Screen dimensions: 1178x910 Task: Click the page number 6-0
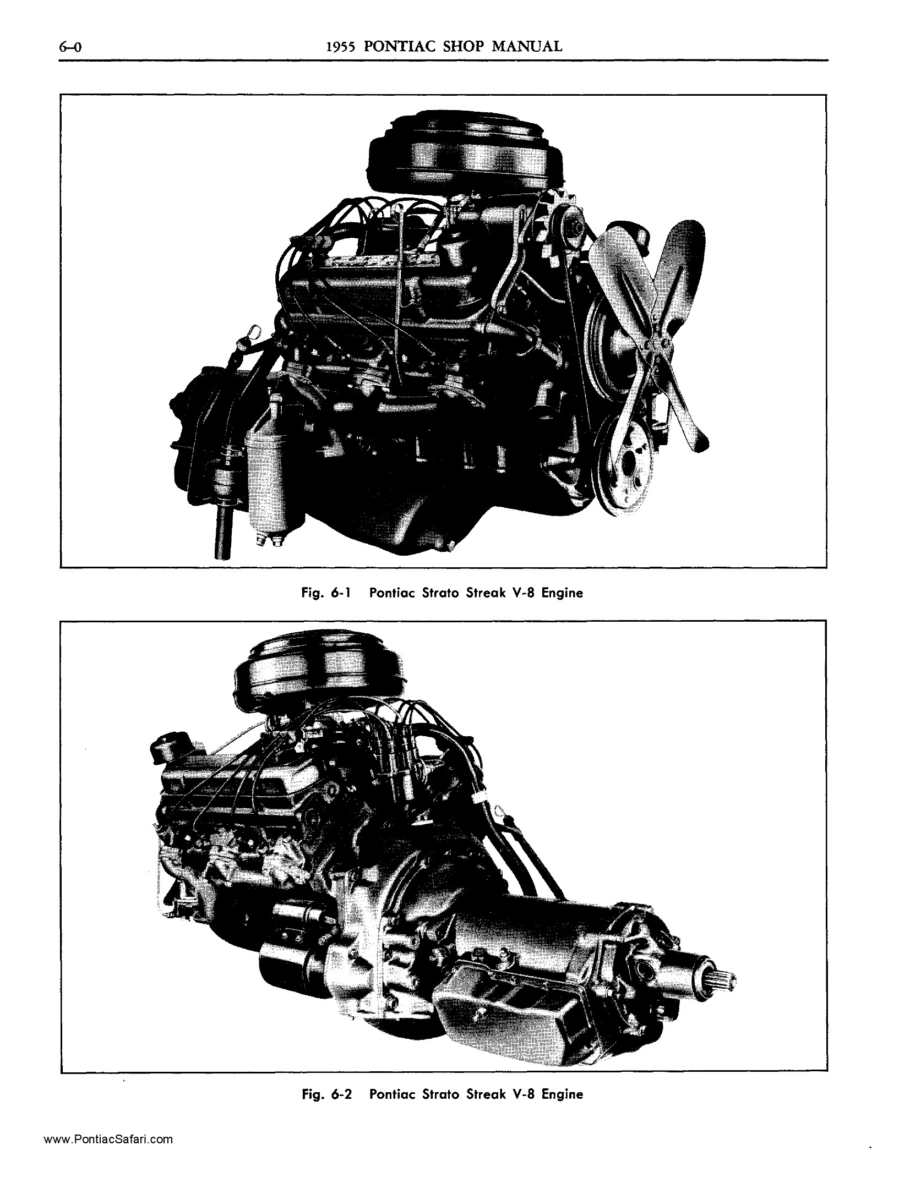70,47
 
